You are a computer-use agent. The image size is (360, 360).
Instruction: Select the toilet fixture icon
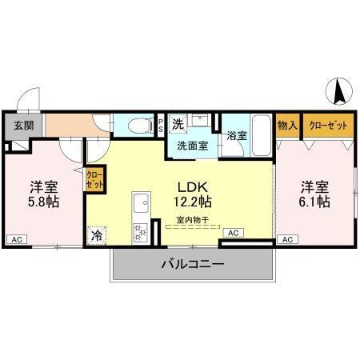(x=138, y=125)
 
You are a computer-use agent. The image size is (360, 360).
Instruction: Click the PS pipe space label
(x=161, y=125)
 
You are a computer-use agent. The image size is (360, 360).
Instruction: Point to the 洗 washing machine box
(x=179, y=123)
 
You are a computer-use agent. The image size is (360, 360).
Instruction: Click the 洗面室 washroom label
(x=192, y=146)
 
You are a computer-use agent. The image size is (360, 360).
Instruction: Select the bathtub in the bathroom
(x=261, y=128)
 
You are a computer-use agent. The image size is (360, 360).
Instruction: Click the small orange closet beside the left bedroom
(x=94, y=179)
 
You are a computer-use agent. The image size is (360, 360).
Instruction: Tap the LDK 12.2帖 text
(x=193, y=193)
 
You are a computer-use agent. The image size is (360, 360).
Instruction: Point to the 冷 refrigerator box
(x=97, y=236)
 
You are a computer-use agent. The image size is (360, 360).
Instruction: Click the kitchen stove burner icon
(x=140, y=231)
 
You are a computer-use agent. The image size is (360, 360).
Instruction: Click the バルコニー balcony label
(x=192, y=263)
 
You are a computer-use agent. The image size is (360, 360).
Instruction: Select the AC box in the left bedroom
(x=15, y=238)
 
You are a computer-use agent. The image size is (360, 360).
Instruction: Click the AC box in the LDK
(x=234, y=232)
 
